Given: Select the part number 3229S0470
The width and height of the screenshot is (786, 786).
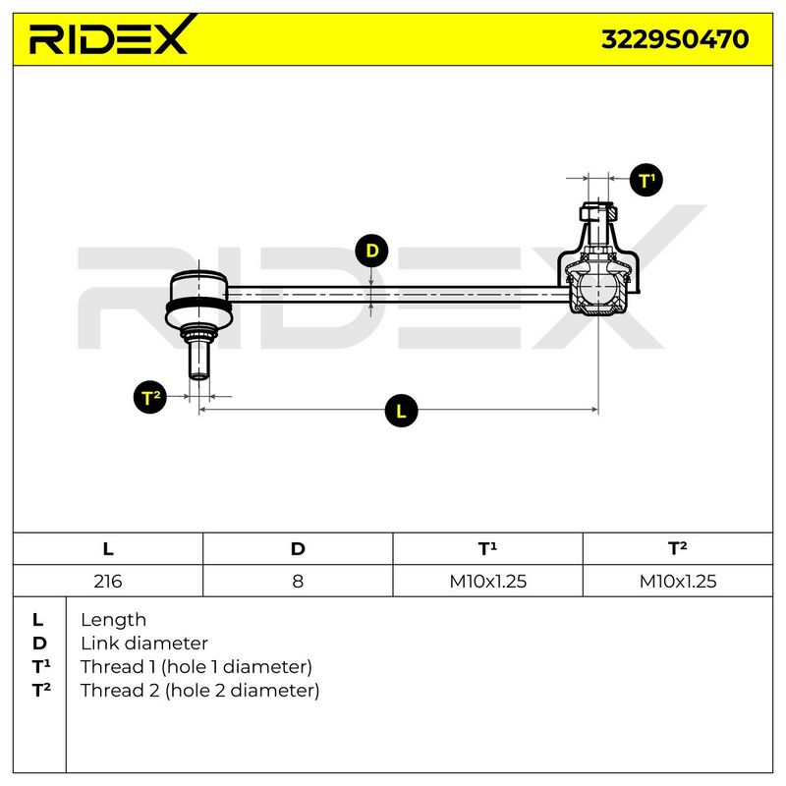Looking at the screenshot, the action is [x=675, y=39].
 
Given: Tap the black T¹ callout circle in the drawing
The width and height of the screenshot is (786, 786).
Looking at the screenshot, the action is [x=646, y=180].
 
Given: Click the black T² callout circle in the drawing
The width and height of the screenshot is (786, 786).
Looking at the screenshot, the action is [x=150, y=397].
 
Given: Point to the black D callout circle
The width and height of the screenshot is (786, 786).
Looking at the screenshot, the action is [x=371, y=251].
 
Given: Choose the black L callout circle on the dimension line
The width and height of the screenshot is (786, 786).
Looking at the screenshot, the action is [x=401, y=411].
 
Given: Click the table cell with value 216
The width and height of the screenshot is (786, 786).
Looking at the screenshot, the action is [x=108, y=581].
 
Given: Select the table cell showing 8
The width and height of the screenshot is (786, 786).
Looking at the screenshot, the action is [x=298, y=581].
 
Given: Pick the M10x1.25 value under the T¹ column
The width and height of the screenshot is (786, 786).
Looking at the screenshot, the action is [x=487, y=581].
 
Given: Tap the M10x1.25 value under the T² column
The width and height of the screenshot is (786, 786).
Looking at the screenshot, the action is [x=678, y=581].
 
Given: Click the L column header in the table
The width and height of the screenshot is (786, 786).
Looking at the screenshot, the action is [x=108, y=549].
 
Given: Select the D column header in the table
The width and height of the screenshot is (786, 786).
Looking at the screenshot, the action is [x=298, y=549].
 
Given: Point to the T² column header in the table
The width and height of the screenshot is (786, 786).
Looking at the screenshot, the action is [x=678, y=548].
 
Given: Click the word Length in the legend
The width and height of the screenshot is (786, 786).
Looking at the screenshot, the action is [x=113, y=620].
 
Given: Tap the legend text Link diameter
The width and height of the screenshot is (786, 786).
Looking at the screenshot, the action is [x=144, y=644].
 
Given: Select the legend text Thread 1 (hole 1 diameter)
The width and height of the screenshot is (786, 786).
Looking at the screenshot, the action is [x=196, y=667].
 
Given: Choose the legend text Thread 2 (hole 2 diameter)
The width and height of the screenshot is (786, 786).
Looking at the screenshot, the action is [x=199, y=691].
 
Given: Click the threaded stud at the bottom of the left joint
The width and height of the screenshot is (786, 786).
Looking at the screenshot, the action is [x=199, y=359].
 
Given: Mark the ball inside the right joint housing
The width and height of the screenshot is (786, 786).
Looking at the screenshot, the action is [x=598, y=287].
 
